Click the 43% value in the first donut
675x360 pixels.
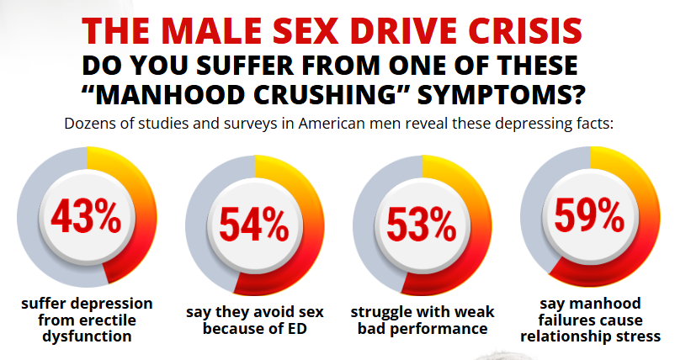tap(86, 218)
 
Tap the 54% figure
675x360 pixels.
tap(253, 224)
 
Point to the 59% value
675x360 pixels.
tap(589, 216)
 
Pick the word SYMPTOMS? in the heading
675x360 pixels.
tap(504, 93)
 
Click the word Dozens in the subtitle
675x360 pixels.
tap(91, 124)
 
